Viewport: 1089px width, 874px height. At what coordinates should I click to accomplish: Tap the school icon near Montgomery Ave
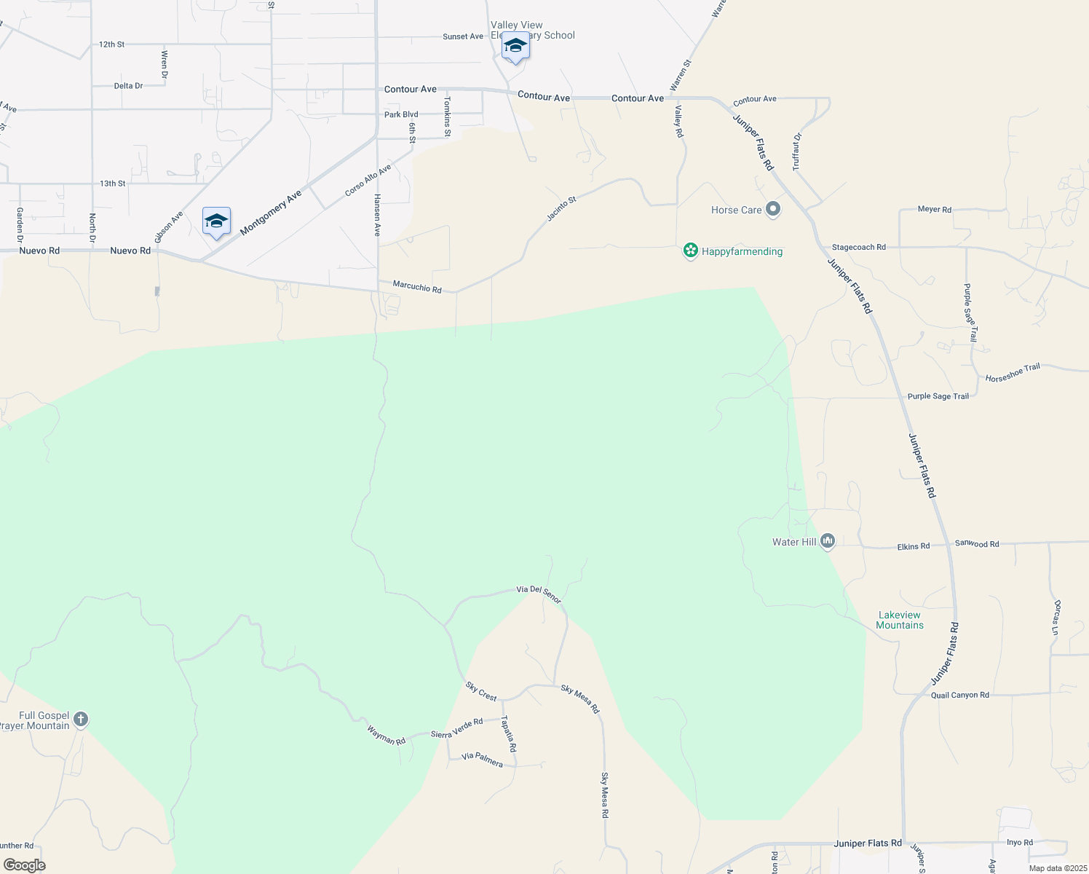pyautogui.click(x=216, y=221)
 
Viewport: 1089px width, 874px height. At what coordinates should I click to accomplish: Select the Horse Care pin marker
pyautogui.click(x=773, y=210)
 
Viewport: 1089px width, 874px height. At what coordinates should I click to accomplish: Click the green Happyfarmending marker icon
pyautogui.click(x=690, y=251)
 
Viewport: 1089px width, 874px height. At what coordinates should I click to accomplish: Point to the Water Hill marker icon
pyautogui.click(x=827, y=541)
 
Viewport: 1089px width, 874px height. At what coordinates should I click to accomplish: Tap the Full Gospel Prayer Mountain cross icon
pyautogui.click(x=81, y=720)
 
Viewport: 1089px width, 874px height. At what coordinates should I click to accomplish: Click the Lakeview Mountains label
pyautogui.click(x=900, y=620)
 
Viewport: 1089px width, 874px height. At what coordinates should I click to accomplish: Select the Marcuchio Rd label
pyautogui.click(x=417, y=287)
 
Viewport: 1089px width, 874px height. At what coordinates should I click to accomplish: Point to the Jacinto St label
pyautogui.click(x=561, y=208)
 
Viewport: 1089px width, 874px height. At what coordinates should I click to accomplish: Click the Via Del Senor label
pyautogui.click(x=539, y=594)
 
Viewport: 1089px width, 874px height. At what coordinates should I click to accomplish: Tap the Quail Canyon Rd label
pyautogui.click(x=959, y=695)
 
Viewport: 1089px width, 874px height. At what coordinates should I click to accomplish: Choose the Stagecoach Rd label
pyautogui.click(x=859, y=248)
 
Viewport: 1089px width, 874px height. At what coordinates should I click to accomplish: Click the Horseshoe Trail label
pyautogui.click(x=1013, y=373)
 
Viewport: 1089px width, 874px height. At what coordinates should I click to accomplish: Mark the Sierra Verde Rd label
pyautogui.click(x=456, y=728)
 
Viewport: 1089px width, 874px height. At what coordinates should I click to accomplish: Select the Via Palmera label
pyautogui.click(x=482, y=760)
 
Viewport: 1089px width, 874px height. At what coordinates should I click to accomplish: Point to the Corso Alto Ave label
pyautogui.click(x=368, y=180)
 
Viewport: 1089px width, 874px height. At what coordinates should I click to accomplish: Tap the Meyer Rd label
pyautogui.click(x=934, y=209)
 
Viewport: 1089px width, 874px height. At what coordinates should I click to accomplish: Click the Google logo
pyautogui.click(x=25, y=865)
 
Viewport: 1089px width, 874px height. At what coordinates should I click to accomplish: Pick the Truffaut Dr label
pyautogui.click(x=797, y=151)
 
